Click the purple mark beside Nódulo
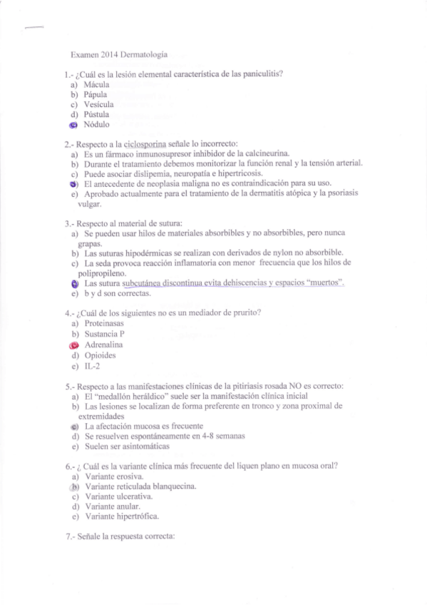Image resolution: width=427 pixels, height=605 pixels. [x=73, y=124]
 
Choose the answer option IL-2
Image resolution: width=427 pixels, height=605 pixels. [x=92, y=365]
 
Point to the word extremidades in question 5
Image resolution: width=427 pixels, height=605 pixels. [x=101, y=415]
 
